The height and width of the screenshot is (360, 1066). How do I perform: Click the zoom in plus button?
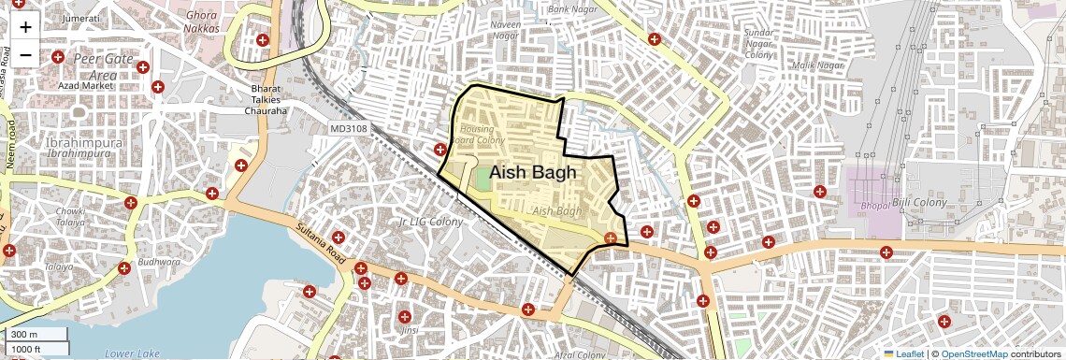(25, 28)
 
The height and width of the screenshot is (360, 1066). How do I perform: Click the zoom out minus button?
(25, 55)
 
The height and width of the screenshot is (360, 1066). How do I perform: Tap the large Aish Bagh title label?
(532, 173)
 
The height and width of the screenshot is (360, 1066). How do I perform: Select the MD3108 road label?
(349, 128)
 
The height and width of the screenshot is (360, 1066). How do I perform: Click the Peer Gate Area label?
(98, 66)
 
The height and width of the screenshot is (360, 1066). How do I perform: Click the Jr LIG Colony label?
(430, 222)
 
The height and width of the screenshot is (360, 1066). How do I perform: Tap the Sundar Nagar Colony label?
(758, 44)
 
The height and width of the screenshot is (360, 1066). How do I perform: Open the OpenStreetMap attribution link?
(973, 353)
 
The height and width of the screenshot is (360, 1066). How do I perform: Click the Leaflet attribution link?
(903, 353)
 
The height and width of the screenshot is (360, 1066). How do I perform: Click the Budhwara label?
(160, 262)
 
